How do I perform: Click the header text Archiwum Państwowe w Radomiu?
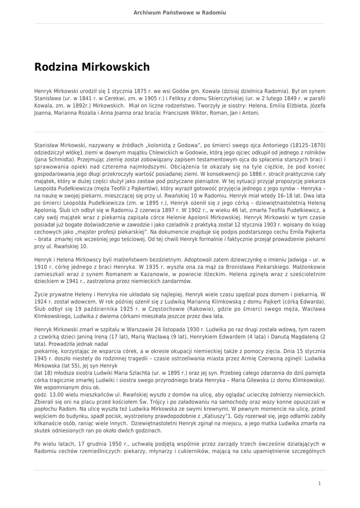point(180,12)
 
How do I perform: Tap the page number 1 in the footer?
point(319,483)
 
